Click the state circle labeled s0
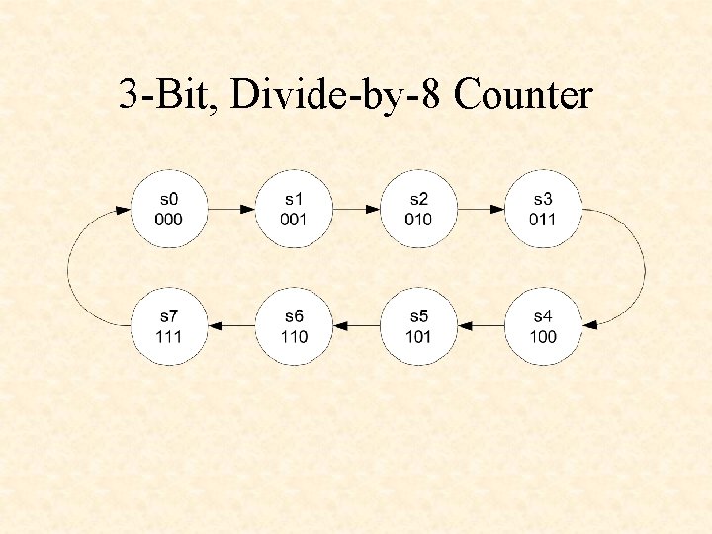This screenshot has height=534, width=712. pyautogui.click(x=169, y=209)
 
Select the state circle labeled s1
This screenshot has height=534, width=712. pyautogui.click(x=294, y=209)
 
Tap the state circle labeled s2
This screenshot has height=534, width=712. pyautogui.click(x=418, y=209)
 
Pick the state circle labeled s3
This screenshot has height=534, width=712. pyautogui.click(x=543, y=209)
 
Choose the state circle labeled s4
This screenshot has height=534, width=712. pyautogui.click(x=543, y=326)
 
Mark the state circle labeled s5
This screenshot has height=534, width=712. pyautogui.click(x=418, y=326)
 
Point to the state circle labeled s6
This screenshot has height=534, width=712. pyautogui.click(x=294, y=326)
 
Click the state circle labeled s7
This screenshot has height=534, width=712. pyautogui.click(x=169, y=326)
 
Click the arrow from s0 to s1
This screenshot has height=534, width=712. pyautogui.click(x=231, y=209)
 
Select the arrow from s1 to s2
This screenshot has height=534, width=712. pyautogui.click(x=356, y=209)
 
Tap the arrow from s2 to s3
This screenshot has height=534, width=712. pyautogui.click(x=481, y=209)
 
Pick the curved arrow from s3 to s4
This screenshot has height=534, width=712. pyautogui.click(x=644, y=267)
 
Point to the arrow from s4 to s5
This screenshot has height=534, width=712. pyautogui.click(x=481, y=326)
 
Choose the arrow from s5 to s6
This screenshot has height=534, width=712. pyautogui.click(x=356, y=326)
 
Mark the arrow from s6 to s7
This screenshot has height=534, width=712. pyautogui.click(x=231, y=326)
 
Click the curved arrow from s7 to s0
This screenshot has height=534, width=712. pyautogui.click(x=68, y=267)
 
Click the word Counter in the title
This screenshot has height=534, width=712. pyautogui.click(x=526, y=95)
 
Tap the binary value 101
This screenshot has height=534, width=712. pyautogui.click(x=418, y=336)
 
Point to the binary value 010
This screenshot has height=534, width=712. pyautogui.click(x=418, y=219)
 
